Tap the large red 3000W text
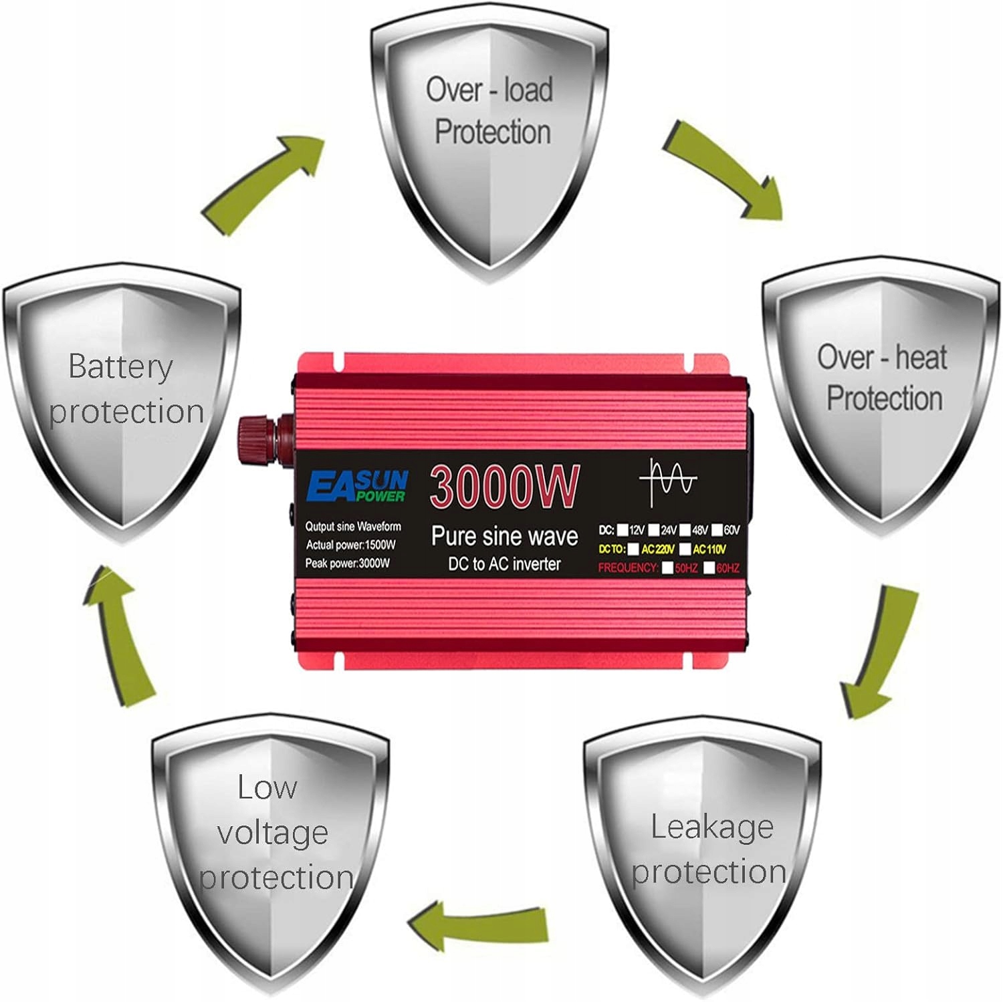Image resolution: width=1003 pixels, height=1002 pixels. coord(504,487)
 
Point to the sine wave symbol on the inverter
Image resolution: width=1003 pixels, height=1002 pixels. coord(667,481)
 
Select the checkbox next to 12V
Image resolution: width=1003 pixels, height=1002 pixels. coord(623,531)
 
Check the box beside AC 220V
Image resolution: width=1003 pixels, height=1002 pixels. coord(633,549)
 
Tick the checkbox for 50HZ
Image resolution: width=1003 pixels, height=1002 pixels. coord(667,569)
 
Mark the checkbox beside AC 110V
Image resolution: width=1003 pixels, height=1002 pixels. coord(685,549)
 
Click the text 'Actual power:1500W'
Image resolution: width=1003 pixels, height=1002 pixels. coord(351,545)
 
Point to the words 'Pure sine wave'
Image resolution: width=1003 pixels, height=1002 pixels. coord(504,536)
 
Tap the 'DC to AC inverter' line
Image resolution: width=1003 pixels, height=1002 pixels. coord(504,564)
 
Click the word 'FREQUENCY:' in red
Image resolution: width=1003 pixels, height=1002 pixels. coord(628,568)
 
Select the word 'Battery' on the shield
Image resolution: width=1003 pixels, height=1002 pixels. coord(120,366)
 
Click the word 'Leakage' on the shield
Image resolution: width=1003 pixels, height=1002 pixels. coord(712,827)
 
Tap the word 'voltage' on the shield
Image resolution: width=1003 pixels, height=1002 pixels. coord(272,833)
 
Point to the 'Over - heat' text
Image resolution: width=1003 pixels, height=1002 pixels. coord(881,357)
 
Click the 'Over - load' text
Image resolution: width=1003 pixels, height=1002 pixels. coord(489,90)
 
